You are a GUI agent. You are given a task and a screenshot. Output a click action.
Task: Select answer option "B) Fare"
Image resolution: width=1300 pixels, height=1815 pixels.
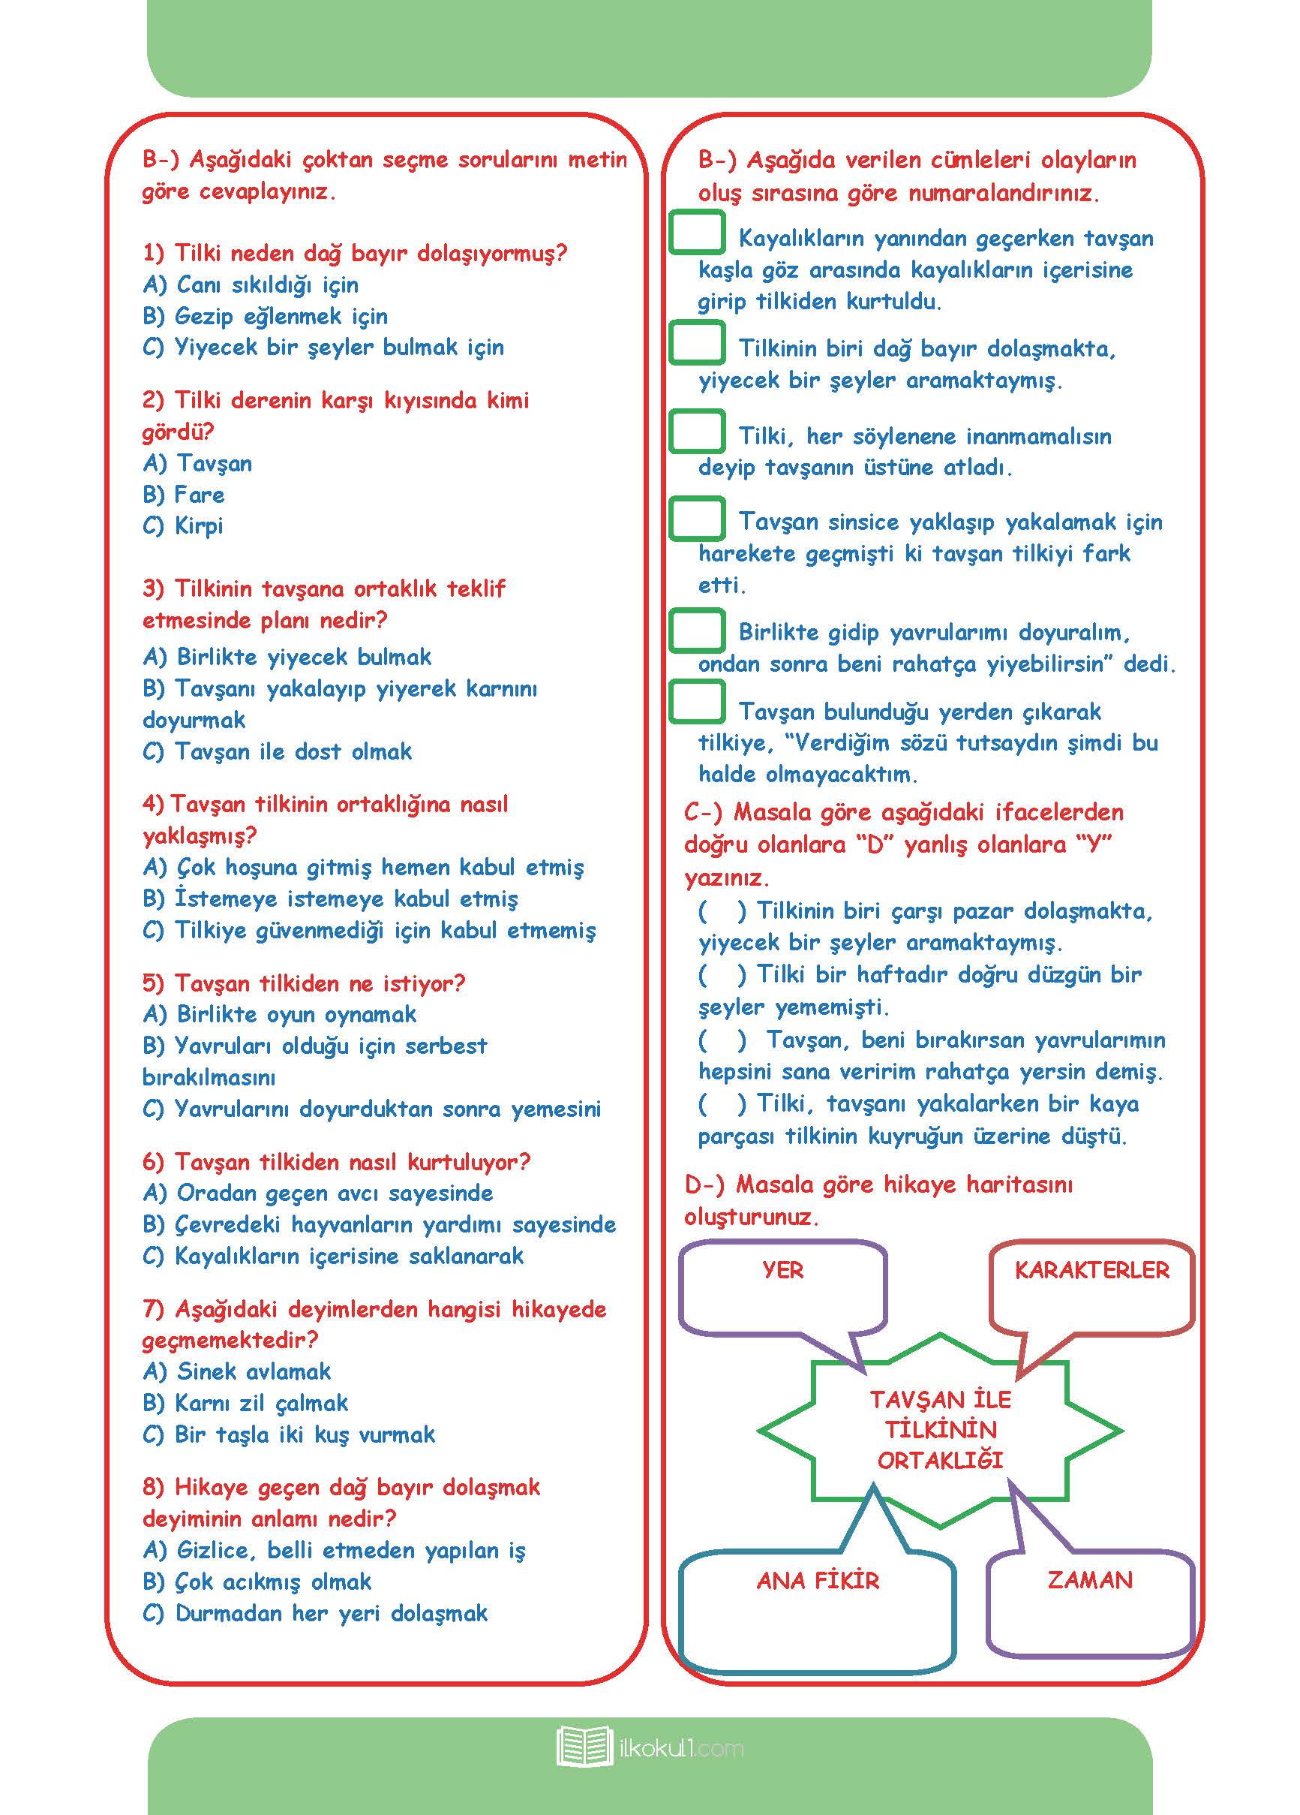point(183,495)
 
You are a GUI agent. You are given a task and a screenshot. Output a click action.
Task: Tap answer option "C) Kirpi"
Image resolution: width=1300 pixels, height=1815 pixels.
point(182,525)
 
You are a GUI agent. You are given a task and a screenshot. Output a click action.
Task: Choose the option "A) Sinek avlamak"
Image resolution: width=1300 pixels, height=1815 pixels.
point(237,1371)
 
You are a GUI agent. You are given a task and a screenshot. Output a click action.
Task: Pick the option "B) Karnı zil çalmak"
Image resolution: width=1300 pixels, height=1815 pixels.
point(245,1403)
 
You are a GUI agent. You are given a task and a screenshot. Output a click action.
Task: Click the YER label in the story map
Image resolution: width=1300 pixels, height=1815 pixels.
point(782,1270)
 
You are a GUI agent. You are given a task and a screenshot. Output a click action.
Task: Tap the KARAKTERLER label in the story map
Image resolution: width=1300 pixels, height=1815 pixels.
point(1091,1270)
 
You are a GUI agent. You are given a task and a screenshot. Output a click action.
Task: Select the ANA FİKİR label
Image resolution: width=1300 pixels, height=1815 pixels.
point(818,1581)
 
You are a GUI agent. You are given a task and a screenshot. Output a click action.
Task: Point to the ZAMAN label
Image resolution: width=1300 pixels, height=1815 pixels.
point(1090,1580)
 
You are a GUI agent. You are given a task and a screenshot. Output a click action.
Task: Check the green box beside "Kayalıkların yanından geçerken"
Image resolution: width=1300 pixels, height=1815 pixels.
point(697,233)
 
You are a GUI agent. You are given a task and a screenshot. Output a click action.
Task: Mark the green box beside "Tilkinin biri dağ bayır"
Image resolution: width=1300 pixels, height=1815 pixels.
point(697,342)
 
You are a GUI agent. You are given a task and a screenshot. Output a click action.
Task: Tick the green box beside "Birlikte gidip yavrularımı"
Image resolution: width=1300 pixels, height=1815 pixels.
point(697,631)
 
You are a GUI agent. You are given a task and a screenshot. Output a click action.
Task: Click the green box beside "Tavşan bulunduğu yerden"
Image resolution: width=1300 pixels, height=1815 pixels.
point(697,702)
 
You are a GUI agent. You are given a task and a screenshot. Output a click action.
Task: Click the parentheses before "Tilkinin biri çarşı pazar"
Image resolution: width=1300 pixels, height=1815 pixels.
point(722,911)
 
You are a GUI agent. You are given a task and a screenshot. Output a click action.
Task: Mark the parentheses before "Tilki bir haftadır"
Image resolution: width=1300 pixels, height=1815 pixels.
point(722,975)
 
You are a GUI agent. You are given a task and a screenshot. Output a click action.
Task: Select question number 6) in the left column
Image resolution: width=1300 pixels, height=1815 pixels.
point(153,1162)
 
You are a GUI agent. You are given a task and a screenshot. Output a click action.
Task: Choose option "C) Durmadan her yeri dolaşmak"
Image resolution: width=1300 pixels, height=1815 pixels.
point(315,1613)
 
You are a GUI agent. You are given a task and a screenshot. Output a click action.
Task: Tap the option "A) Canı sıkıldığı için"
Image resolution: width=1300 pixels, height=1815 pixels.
point(251,285)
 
